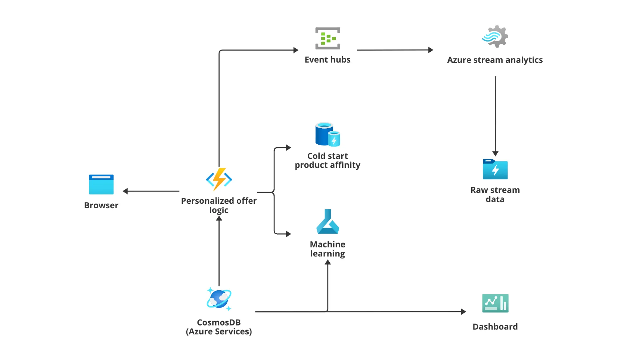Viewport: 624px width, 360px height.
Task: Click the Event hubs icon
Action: (x=327, y=38)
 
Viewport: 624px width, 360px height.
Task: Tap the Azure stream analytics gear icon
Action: (x=495, y=37)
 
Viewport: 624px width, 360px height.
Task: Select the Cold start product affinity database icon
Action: (x=327, y=134)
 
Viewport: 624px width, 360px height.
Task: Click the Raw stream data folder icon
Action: (x=495, y=169)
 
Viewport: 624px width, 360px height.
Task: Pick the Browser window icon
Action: (x=101, y=184)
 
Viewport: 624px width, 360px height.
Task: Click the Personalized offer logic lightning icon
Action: (x=219, y=179)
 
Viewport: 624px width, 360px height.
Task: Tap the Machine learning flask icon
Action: (x=327, y=222)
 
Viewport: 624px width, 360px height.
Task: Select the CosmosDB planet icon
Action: (x=219, y=299)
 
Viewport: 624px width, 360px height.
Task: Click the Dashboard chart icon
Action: (x=495, y=303)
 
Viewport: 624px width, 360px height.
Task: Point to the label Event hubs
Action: (x=327, y=60)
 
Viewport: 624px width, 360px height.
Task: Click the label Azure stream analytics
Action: (x=495, y=60)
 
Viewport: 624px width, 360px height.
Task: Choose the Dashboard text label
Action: (x=495, y=327)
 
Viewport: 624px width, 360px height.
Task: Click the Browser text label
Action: (x=101, y=205)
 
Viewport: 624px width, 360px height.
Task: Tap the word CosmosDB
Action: (x=219, y=322)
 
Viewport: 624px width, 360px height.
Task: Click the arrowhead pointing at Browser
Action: (x=125, y=191)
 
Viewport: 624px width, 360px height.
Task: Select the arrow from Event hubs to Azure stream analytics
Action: (x=395, y=50)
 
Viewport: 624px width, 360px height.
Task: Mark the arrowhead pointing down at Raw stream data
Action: (x=495, y=154)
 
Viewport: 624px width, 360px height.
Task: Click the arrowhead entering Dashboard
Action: (x=463, y=311)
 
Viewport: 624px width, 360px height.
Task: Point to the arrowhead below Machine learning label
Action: (x=328, y=262)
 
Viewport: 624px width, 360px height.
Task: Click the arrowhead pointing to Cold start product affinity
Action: (x=289, y=148)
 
